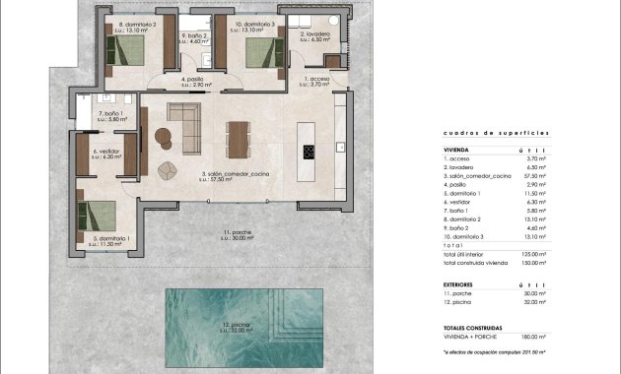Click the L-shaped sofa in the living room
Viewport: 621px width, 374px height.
click(x=183, y=124)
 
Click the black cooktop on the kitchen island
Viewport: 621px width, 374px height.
click(x=309, y=152)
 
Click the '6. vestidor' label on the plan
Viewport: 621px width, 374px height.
click(x=106, y=153)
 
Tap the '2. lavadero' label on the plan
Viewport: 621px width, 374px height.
click(x=316, y=34)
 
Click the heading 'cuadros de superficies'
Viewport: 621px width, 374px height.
click(x=482, y=132)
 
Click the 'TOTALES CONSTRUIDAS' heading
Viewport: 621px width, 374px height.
click(x=473, y=325)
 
